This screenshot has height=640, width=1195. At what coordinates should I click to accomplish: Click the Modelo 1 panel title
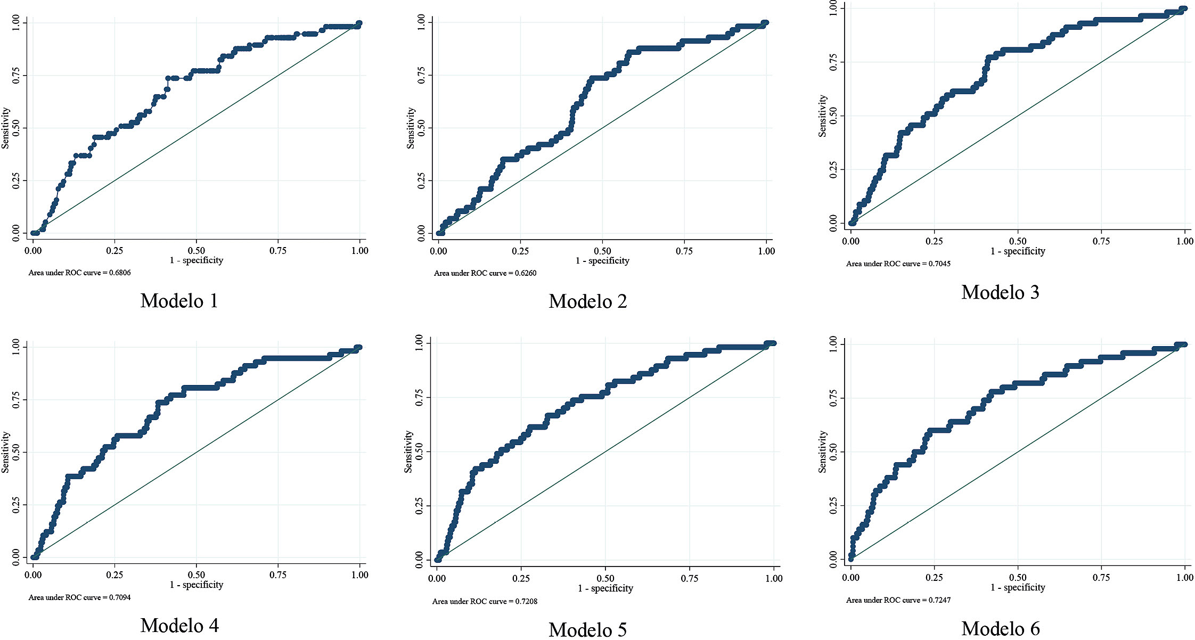pyautogui.click(x=179, y=301)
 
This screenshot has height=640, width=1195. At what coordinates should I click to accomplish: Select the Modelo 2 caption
pyautogui.click(x=588, y=302)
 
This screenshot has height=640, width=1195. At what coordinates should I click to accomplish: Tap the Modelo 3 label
pyautogui.click(x=1000, y=292)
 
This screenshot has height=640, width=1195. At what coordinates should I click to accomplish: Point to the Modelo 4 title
pyautogui.click(x=179, y=626)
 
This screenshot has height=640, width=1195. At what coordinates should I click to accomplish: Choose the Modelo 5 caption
pyautogui.click(x=588, y=630)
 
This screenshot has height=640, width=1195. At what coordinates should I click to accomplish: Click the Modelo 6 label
pyautogui.click(x=1000, y=629)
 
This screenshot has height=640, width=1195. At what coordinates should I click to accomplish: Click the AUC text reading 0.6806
pyautogui.click(x=79, y=273)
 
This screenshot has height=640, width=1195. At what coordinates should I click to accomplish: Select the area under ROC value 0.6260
pyautogui.click(x=485, y=274)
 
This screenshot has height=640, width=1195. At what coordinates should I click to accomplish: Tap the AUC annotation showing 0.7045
pyautogui.click(x=898, y=264)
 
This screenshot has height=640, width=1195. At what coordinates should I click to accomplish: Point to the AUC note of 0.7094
pyautogui.click(x=79, y=598)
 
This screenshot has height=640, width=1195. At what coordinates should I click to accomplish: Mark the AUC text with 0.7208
pyautogui.click(x=485, y=602)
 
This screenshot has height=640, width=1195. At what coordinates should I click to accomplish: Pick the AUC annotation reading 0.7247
pyautogui.click(x=898, y=601)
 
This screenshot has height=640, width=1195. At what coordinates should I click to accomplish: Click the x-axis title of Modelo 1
pyautogui.click(x=197, y=260)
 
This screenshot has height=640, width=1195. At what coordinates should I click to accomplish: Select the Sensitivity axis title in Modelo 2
pyautogui.click(x=411, y=128)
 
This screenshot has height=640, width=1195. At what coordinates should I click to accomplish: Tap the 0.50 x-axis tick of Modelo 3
pyautogui.click(x=1018, y=241)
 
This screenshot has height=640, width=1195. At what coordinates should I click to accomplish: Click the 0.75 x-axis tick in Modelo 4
pyautogui.click(x=278, y=575)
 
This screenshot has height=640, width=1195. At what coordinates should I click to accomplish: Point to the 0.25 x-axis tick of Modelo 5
pyautogui.click(x=521, y=579)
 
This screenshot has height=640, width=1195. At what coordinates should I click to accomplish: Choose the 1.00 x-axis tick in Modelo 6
pyautogui.click(x=1185, y=578)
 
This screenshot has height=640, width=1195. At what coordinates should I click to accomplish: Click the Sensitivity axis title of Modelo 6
pyautogui.click(x=823, y=452)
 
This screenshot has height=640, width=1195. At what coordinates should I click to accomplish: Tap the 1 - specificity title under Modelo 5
pyautogui.click(x=605, y=589)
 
